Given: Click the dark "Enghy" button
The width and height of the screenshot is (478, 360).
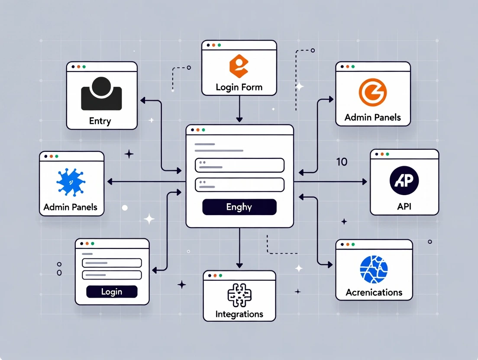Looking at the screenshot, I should pos(239,207).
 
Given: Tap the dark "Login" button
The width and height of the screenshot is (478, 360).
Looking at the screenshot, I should pos(112,292).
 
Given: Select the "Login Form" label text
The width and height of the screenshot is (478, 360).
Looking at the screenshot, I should pos(239,87).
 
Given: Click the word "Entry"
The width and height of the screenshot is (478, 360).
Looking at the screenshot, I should pos(100,121).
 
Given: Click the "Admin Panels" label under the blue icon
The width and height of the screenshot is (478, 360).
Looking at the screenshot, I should pos(71,207).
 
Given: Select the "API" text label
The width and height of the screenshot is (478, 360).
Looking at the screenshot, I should pos(404,206).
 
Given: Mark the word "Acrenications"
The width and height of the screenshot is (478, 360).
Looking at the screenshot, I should pos(374,292).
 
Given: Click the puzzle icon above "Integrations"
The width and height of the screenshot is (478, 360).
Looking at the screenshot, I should pos(239,295).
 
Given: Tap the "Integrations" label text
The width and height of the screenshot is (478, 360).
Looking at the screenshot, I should pos(239,314).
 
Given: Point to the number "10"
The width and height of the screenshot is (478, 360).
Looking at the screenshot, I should pos(342,162).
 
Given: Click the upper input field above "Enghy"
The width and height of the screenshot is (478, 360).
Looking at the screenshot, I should pos(239,165).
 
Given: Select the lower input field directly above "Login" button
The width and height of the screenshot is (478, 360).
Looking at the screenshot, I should pos(112,275).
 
